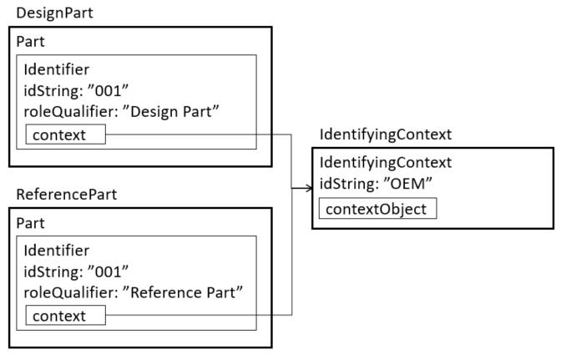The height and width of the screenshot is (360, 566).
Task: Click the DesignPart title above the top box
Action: pyautogui.click(x=54, y=13)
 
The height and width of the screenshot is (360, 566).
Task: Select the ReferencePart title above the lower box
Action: pyautogui.click(x=66, y=195)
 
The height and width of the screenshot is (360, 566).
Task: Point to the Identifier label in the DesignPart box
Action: pyautogui.click(x=56, y=69)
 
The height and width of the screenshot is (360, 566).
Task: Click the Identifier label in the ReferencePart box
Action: pyautogui.click(x=56, y=251)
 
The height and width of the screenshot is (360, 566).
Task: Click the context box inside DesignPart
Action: pyautogui.click(x=65, y=134)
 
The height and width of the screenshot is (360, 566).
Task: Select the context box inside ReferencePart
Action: pyautogui.click(x=65, y=316)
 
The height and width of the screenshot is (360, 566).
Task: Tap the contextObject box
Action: pyautogui.click(x=377, y=208)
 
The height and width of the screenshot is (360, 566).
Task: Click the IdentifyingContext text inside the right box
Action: pyautogui.click(x=386, y=163)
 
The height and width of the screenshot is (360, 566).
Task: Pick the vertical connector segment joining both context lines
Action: pyautogui.click(x=291, y=251)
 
